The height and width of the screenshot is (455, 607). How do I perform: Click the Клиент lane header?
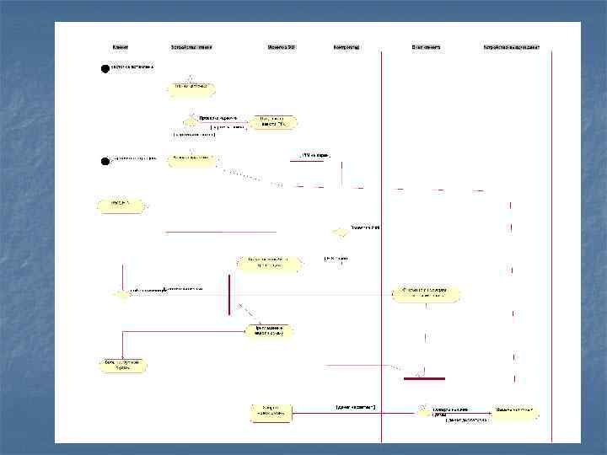tap(121, 47)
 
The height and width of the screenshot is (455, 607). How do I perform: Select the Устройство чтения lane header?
tap(191, 47)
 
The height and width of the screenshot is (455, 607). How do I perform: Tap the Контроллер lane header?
tap(346, 47)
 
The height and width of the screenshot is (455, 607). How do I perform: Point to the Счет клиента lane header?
tap(426, 47)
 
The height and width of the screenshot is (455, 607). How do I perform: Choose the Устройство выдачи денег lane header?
tap(511, 47)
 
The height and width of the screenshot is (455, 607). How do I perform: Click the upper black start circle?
tap(105, 69)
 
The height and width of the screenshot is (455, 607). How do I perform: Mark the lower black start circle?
tap(105, 160)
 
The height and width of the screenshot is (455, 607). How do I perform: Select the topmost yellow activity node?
tap(194, 88)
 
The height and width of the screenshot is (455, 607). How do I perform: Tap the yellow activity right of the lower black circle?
tap(191, 159)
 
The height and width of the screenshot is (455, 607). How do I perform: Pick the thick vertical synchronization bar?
tap(228, 293)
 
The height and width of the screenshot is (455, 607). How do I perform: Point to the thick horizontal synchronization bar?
tap(424, 378)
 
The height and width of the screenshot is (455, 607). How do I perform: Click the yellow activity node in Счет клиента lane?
tap(426, 294)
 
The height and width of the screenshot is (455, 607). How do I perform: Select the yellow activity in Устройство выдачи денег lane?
tap(517, 413)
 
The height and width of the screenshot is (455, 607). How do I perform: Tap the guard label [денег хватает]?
tap(355, 407)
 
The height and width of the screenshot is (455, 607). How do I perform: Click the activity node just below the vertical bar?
tap(270, 330)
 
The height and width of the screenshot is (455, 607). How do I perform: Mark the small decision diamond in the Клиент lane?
tap(122, 294)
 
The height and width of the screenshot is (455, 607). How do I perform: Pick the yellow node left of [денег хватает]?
tap(271, 412)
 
